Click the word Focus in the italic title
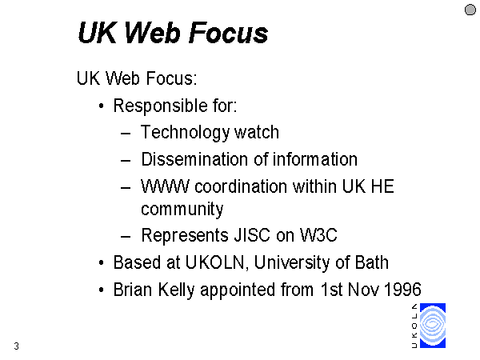[x=228, y=33]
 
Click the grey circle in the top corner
[x=470, y=10]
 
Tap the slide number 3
[x=17, y=346]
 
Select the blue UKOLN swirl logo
[x=433, y=326]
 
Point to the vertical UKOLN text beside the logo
[x=414, y=326]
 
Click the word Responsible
[x=161, y=106]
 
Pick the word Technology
[x=185, y=133]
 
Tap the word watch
[x=257, y=132]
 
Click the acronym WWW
[x=165, y=186]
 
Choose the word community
[x=182, y=210]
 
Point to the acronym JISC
[x=252, y=235]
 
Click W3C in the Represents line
[x=318, y=235]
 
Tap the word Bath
[x=372, y=262]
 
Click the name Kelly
[x=176, y=290]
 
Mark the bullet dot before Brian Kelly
[x=102, y=290]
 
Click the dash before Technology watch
[x=126, y=134]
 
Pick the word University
[x=292, y=263]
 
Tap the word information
[x=315, y=159]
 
